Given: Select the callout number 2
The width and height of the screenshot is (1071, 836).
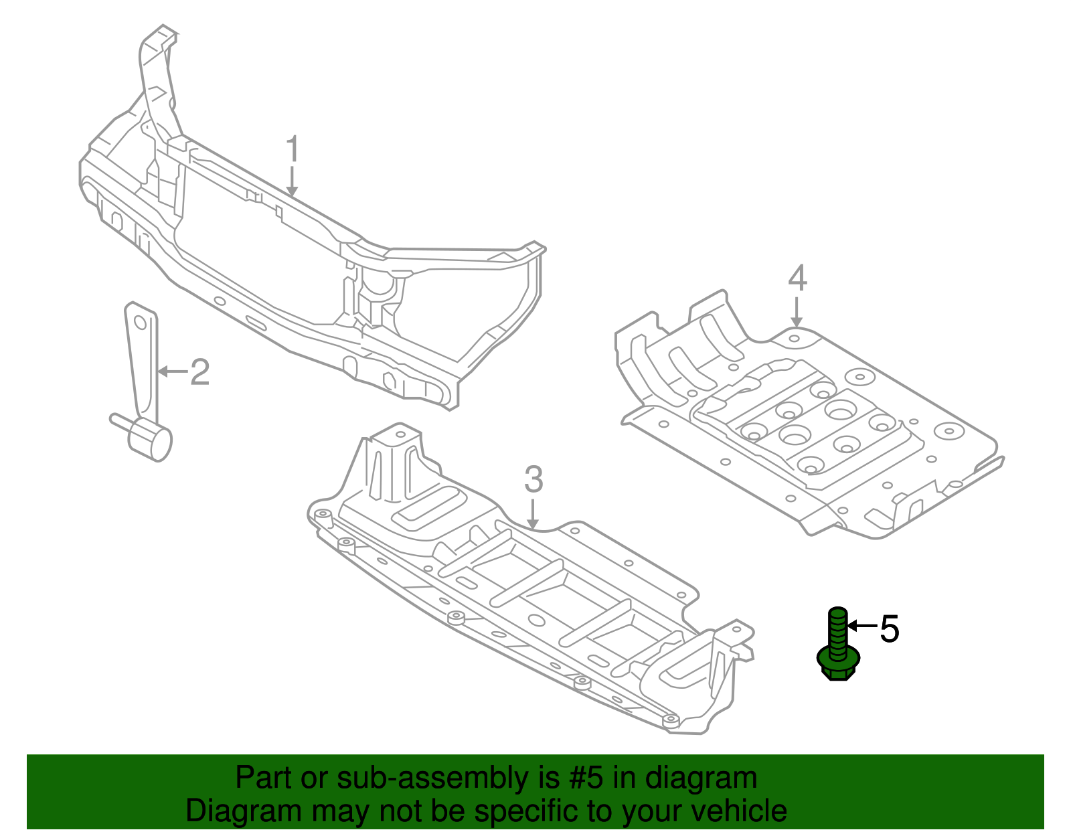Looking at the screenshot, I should [x=199, y=372].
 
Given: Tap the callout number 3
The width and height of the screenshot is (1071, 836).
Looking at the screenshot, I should [x=533, y=480].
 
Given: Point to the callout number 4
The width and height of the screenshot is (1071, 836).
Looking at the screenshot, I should [x=797, y=278].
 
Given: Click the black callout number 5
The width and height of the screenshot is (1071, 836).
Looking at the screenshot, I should [x=889, y=629].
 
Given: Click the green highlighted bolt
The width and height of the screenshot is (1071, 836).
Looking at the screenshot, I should [x=837, y=643].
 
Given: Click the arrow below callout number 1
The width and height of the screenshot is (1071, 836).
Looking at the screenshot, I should [x=292, y=181].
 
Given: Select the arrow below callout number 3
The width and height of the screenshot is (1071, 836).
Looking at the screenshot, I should [x=533, y=513].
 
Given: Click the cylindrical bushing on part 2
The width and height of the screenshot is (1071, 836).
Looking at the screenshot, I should [x=151, y=440].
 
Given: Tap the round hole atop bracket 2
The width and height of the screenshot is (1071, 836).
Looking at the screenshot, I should [x=141, y=323].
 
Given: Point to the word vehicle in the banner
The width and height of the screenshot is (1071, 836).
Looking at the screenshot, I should [x=738, y=811].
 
